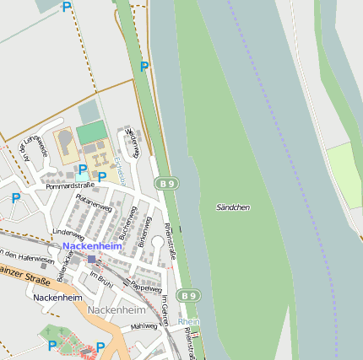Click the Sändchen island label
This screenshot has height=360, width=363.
233,207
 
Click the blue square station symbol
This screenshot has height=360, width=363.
92,259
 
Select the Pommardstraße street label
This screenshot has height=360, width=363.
70,185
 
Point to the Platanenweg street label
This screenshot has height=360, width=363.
94,203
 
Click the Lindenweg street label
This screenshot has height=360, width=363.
69,231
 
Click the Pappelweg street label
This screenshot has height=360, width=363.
147,288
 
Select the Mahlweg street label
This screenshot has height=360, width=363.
144,325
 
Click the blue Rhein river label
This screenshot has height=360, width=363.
189,321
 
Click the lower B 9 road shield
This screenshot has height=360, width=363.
189,296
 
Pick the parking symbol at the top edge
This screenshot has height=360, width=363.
67,7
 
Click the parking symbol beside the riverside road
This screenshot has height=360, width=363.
144,66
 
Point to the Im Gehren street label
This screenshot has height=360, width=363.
165,309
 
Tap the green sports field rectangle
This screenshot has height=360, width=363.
91,132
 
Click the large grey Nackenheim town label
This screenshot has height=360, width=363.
116,310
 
